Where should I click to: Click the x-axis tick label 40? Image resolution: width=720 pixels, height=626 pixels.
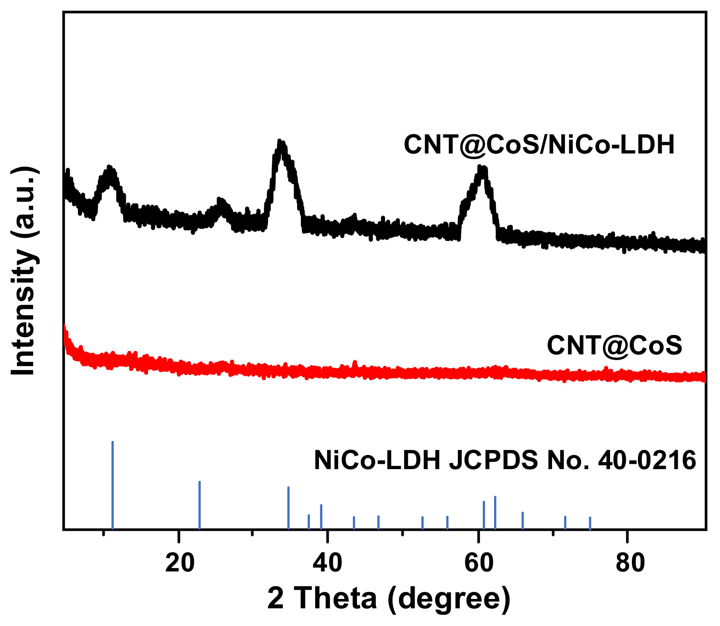coord(328,563)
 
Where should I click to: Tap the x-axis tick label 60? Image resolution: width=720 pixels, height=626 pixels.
coord(479,563)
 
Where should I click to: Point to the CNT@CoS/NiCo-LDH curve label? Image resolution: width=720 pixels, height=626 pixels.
coord(539,144)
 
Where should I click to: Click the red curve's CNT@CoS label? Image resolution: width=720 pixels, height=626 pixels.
coord(614,345)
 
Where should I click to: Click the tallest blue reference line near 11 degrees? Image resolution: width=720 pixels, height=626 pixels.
coord(113,485)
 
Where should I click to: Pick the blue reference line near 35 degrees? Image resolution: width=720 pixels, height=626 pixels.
coord(288,508)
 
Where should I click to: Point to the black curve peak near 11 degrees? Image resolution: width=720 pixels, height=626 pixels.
coord(109,169)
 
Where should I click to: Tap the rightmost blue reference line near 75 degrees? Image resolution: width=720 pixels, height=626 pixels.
coord(590,523)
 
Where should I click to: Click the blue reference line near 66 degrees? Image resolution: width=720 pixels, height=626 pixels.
coord(523,521)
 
